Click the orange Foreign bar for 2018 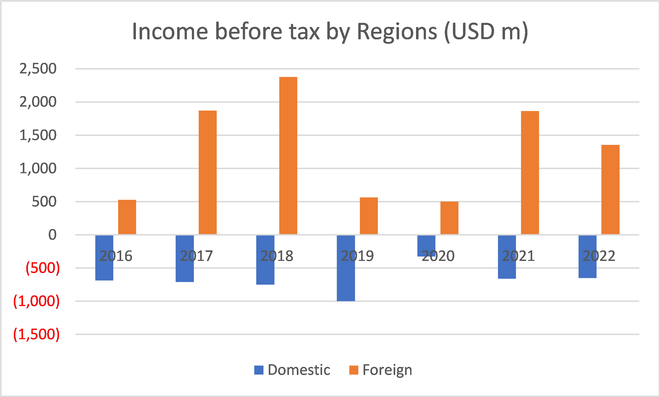pos(288,155)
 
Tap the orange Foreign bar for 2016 pos(127,217)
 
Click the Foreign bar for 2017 pos(208,172)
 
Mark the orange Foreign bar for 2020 pos(449,218)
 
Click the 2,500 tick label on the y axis pos(38,69)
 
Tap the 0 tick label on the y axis pos(52,235)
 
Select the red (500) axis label pos(43,268)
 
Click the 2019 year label pos(357,256)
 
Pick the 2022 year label pos(599,256)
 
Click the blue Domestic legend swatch pos(259,370)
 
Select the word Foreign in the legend pos(387,370)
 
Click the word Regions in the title pos(397,32)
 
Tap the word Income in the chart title pos(170,32)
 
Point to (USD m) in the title pos(486,32)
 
